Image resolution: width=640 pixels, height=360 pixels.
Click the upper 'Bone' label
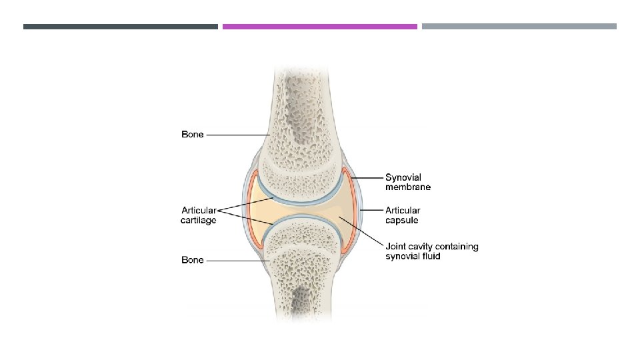point(193,135)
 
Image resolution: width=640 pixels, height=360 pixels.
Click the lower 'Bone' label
point(193,260)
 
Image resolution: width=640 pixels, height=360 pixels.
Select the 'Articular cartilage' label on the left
point(199,215)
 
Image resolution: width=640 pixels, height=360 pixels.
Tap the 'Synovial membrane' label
point(408,182)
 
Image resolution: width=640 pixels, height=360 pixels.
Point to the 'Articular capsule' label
point(403,215)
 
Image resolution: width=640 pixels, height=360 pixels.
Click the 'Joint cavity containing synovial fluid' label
point(431,251)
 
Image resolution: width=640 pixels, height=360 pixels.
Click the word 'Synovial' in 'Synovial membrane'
point(403,177)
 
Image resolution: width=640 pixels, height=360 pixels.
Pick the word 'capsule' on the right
point(402,220)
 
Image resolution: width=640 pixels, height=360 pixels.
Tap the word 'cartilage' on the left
point(199,220)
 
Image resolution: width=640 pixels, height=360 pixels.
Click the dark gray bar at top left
point(120,27)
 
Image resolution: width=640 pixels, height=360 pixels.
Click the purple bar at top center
point(319,27)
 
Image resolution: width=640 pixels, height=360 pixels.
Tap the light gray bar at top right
point(519,27)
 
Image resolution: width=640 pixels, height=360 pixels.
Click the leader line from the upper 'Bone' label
point(237,135)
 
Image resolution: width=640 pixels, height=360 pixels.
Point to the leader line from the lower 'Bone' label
point(237,260)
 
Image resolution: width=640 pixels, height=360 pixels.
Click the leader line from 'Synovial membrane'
point(365,178)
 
